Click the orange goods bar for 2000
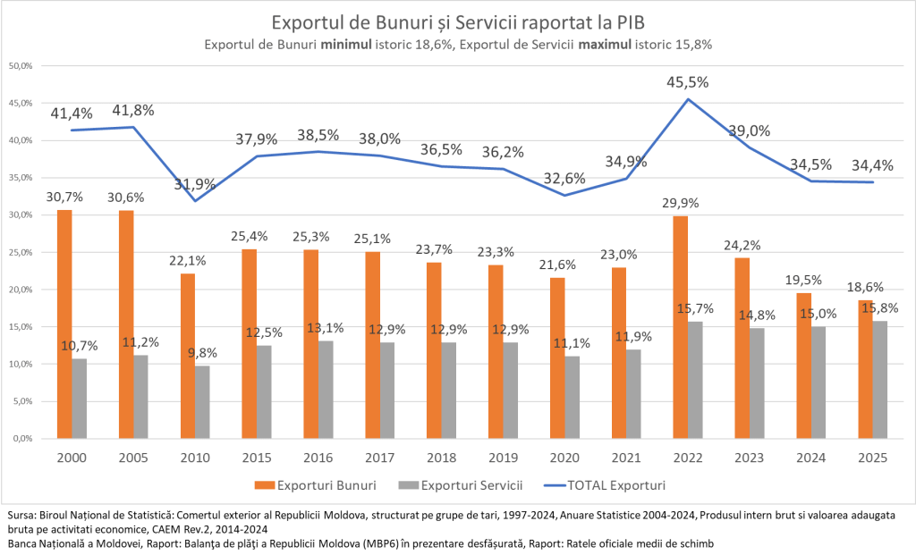point(64,324)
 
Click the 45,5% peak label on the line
point(687,82)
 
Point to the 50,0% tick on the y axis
point(21,66)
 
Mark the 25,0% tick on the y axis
point(21,253)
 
